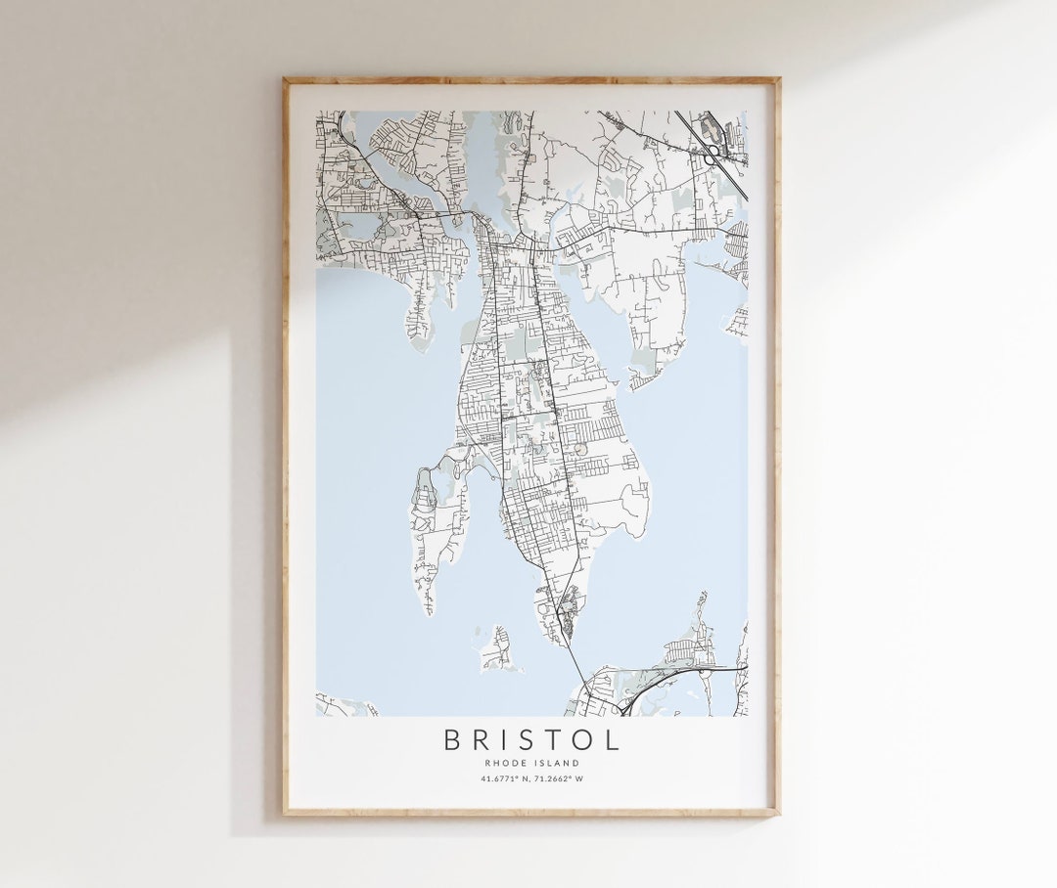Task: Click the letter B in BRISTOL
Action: (452, 739)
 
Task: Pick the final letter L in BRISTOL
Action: (612, 739)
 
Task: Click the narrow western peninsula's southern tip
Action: (428, 608)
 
